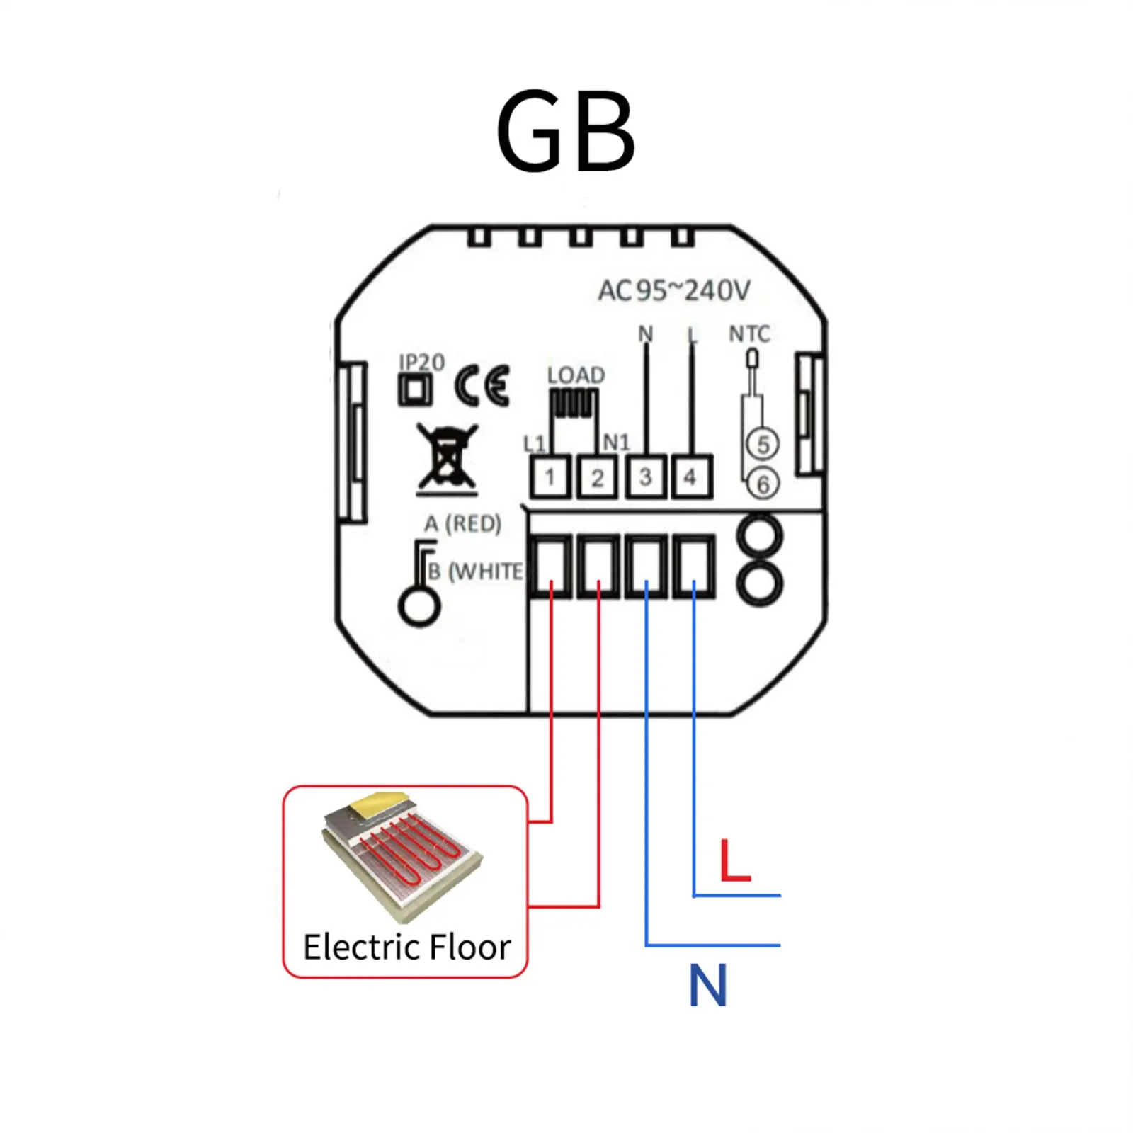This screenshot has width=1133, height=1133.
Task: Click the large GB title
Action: (565, 132)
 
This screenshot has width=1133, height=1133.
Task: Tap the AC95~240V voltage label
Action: (673, 290)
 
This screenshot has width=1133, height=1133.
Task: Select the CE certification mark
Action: (482, 386)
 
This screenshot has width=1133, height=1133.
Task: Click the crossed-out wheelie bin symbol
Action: (447, 459)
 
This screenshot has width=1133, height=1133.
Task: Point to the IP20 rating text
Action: (421, 362)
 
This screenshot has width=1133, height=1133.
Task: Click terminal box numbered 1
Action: (550, 477)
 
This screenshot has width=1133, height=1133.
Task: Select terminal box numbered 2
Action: (597, 477)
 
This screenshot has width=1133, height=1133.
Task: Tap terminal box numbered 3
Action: (645, 477)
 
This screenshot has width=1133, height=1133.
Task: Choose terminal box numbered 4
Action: (690, 477)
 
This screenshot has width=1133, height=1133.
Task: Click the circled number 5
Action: (763, 445)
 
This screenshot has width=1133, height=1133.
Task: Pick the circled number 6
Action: (763, 484)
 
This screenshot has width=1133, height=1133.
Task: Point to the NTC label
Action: (749, 334)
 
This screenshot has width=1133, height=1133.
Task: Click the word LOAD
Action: (576, 375)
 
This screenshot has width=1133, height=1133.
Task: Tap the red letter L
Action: (734, 860)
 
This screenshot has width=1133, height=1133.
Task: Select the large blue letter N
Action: (707, 985)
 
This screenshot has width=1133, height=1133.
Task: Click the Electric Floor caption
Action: (406, 947)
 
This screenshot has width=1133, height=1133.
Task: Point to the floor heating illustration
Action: (402, 855)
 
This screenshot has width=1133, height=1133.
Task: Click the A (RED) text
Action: (462, 523)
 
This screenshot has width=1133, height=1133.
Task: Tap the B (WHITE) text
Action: (475, 571)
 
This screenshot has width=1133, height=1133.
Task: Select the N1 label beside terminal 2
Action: (616, 443)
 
